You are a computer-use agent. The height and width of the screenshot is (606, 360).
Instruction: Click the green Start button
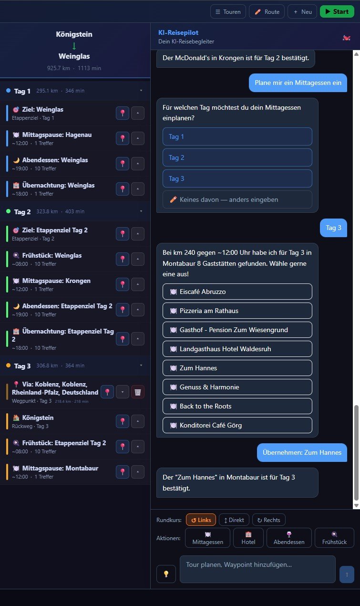[x=337, y=11]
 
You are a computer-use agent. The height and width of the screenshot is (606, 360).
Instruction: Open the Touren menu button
[x=228, y=11]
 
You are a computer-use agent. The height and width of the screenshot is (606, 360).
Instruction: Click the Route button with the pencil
[x=267, y=11]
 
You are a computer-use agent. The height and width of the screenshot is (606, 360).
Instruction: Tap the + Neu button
[x=302, y=11]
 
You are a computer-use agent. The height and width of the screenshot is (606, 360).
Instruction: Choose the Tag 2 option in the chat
[x=237, y=157]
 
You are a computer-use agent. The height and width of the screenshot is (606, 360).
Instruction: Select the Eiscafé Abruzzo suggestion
[x=237, y=292]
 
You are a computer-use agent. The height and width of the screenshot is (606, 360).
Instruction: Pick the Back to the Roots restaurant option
[x=237, y=406]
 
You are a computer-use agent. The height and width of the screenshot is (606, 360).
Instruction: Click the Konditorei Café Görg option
[x=237, y=425]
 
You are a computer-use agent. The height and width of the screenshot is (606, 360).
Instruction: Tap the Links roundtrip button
[x=201, y=520]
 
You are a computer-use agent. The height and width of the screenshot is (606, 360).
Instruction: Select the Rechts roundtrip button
[x=268, y=520]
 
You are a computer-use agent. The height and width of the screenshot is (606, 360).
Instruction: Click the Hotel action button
[x=248, y=538]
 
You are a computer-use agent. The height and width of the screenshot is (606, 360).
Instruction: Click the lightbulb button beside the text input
[x=166, y=574]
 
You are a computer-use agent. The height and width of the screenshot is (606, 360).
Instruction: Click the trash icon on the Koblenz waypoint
[x=138, y=392]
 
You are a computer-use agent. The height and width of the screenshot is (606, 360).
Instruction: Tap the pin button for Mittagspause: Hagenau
[x=123, y=138]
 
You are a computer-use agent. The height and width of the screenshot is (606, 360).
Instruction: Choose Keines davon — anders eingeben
[x=237, y=199]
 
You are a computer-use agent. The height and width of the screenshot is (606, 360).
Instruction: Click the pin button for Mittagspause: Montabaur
[x=123, y=472]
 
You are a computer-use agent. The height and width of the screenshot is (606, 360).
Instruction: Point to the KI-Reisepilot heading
[x=178, y=32]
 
